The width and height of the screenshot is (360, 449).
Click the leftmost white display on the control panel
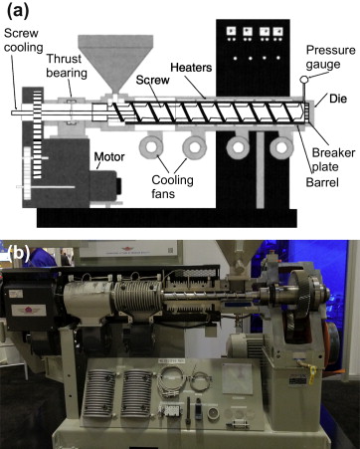point(230,30)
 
